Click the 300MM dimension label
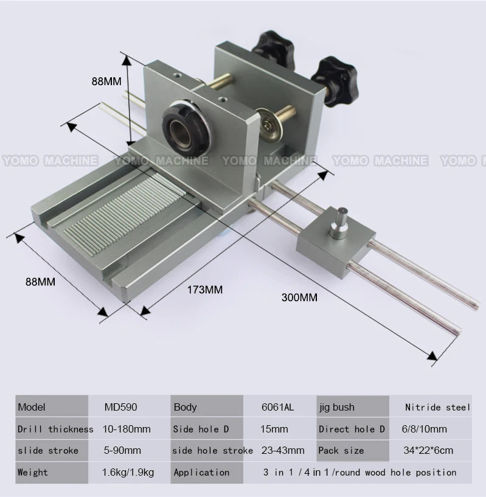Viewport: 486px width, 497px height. (299, 297)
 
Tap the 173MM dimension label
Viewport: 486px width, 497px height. (204, 290)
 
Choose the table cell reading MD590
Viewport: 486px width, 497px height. (119, 408)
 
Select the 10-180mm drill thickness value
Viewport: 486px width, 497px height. (127, 429)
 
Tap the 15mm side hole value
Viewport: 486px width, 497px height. (274, 429)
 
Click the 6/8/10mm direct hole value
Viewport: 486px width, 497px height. (424, 429)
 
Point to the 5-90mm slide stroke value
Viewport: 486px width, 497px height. (122, 450)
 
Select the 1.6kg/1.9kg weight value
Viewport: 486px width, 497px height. (127, 472)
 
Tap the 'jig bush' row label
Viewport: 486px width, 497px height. (336, 408)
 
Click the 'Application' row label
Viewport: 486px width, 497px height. (201, 472)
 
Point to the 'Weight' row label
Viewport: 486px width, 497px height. (32, 472)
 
